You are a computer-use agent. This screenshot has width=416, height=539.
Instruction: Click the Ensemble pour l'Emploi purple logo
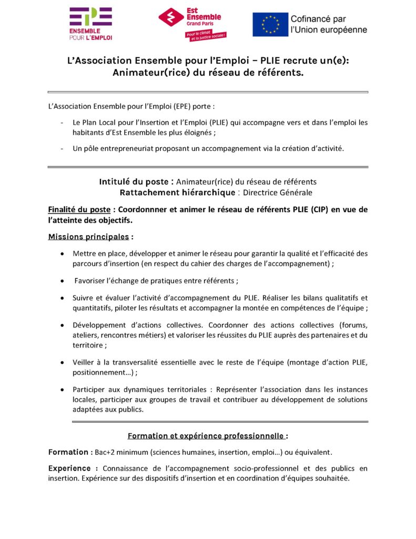pos(90,23)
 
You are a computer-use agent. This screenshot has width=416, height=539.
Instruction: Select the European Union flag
pos(270,24)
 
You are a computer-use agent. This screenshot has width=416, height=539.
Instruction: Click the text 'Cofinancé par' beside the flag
pos(318,19)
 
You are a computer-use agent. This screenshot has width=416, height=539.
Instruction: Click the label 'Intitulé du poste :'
pos(136,182)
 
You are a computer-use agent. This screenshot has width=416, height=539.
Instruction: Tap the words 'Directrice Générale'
pos(277,193)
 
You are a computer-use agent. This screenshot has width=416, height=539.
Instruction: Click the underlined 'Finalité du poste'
pos(79,209)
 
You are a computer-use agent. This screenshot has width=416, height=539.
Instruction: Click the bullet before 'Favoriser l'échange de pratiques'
pos(63,281)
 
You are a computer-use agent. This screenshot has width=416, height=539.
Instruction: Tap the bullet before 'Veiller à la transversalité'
pos(63,362)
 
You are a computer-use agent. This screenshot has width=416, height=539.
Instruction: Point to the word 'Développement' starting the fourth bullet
pos(98,325)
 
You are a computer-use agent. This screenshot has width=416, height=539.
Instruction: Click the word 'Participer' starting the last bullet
pos(89,390)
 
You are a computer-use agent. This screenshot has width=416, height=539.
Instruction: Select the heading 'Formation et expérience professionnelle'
pos(206,436)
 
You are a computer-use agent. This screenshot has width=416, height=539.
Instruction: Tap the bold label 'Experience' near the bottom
pos(69,468)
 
